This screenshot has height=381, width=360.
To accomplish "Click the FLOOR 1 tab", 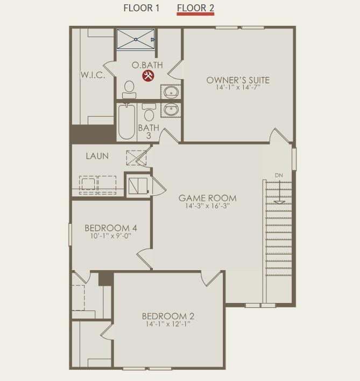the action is (x=142, y=8).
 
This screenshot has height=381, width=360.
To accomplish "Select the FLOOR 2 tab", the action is (x=195, y=8).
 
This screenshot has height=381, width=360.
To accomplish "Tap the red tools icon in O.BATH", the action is (x=148, y=76).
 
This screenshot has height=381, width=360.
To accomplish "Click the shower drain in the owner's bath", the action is (x=136, y=39).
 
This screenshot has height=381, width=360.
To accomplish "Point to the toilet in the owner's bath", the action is (x=129, y=89).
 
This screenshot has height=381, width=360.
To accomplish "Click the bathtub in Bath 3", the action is (x=126, y=122).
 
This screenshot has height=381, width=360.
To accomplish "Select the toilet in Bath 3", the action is (x=149, y=112).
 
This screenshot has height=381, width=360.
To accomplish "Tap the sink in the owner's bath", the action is (x=171, y=92).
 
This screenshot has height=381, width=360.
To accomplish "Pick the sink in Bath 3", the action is (x=171, y=110).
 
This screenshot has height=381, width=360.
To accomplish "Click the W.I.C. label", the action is (x=93, y=75).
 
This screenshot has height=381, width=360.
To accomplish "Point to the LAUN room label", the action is (x=97, y=156).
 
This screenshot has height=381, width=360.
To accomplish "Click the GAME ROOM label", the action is (x=208, y=198).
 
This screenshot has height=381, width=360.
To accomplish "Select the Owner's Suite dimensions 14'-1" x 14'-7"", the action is (x=238, y=87).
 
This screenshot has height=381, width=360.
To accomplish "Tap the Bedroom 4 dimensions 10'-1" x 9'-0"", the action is (x=111, y=236).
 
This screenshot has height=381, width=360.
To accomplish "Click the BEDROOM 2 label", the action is (x=168, y=316).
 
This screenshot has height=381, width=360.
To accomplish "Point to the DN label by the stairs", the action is (x=279, y=175).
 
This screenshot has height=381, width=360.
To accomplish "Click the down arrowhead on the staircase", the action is (x=279, y=202).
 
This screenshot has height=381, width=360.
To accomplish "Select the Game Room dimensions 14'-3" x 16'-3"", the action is (x=208, y=206).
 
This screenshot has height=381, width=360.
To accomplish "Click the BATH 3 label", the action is (x=149, y=131).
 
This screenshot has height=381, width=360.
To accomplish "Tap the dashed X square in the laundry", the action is (x=136, y=158).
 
